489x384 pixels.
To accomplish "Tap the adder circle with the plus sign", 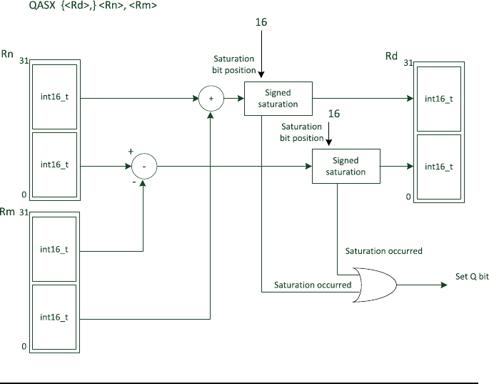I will pos(211,99).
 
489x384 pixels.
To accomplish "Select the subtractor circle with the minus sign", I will pos(143,166).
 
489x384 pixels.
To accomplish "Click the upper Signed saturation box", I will pos(278,99).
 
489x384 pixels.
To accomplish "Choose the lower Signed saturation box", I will pos(346,166).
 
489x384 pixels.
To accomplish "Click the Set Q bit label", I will pos(473,277).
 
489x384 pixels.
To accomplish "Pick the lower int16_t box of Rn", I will pos(54,164).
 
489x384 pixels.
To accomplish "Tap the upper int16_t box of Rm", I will pos(54,249).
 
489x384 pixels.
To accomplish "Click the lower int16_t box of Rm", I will pos(54,317).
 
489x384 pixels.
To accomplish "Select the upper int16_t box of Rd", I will pos(438,99).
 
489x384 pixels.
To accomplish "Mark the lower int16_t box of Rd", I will pos(438,166).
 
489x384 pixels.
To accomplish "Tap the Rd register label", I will pos(391,56).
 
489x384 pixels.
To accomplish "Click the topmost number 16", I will pos(261,23).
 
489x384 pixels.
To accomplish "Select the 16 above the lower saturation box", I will pos(333,114).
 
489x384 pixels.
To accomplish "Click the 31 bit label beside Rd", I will pos(408,64).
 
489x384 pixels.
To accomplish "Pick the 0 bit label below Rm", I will pos(24,347).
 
